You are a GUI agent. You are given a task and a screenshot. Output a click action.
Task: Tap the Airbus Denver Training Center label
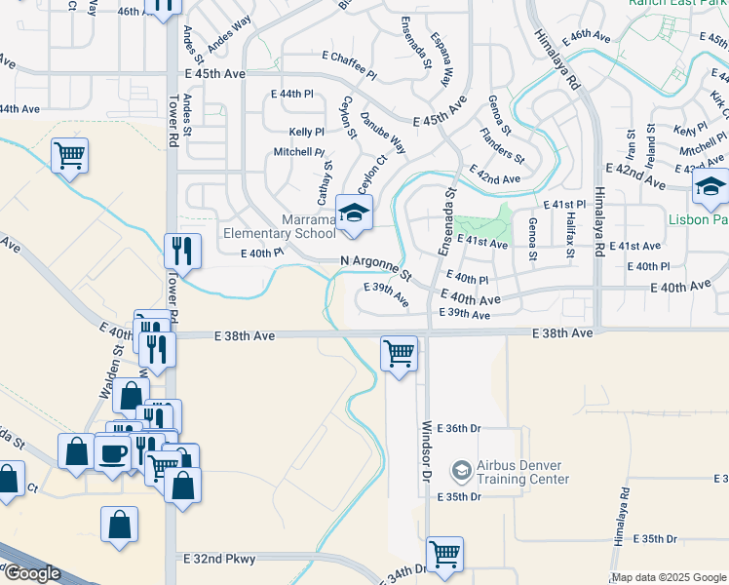(x=522, y=472)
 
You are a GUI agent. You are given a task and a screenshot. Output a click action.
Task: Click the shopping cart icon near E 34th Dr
(x=444, y=554)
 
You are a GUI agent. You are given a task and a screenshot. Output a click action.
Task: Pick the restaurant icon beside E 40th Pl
(x=182, y=250)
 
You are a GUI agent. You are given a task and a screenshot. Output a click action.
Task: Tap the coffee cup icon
(x=113, y=453)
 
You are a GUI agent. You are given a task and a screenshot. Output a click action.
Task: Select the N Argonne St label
(x=377, y=264)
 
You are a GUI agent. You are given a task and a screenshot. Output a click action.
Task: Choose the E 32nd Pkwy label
(x=219, y=559)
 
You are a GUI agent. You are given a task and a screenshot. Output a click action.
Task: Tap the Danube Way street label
(x=383, y=132)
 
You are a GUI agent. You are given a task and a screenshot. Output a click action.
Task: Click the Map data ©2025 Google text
(x=668, y=577)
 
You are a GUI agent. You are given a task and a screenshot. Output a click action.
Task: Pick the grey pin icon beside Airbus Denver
(x=461, y=472)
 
